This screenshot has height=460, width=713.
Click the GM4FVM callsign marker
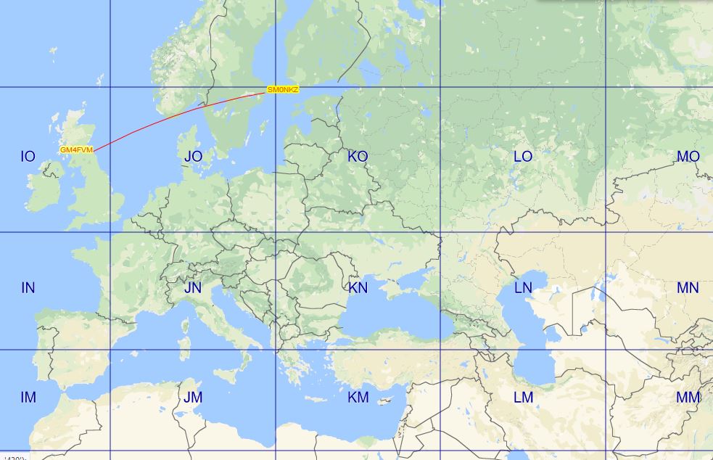(76, 149)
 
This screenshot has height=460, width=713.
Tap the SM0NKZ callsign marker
(283, 90)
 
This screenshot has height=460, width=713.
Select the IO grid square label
(28, 157)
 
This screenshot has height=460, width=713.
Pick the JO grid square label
(193, 157)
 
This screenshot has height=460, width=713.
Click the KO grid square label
(358, 157)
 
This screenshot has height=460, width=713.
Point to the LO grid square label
(522, 157)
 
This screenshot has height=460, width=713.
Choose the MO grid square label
(688, 157)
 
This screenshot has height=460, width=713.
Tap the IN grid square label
(28, 288)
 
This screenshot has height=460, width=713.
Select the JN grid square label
(193, 288)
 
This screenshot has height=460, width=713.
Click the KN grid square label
(358, 288)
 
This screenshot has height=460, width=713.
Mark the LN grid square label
(522, 288)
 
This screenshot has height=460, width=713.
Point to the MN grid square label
(688, 288)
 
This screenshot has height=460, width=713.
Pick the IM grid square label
(28, 398)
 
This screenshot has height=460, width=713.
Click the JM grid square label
(193, 398)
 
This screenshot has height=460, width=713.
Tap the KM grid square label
(358, 398)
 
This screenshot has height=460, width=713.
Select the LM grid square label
(522, 398)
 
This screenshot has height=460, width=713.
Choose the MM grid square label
(688, 398)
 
